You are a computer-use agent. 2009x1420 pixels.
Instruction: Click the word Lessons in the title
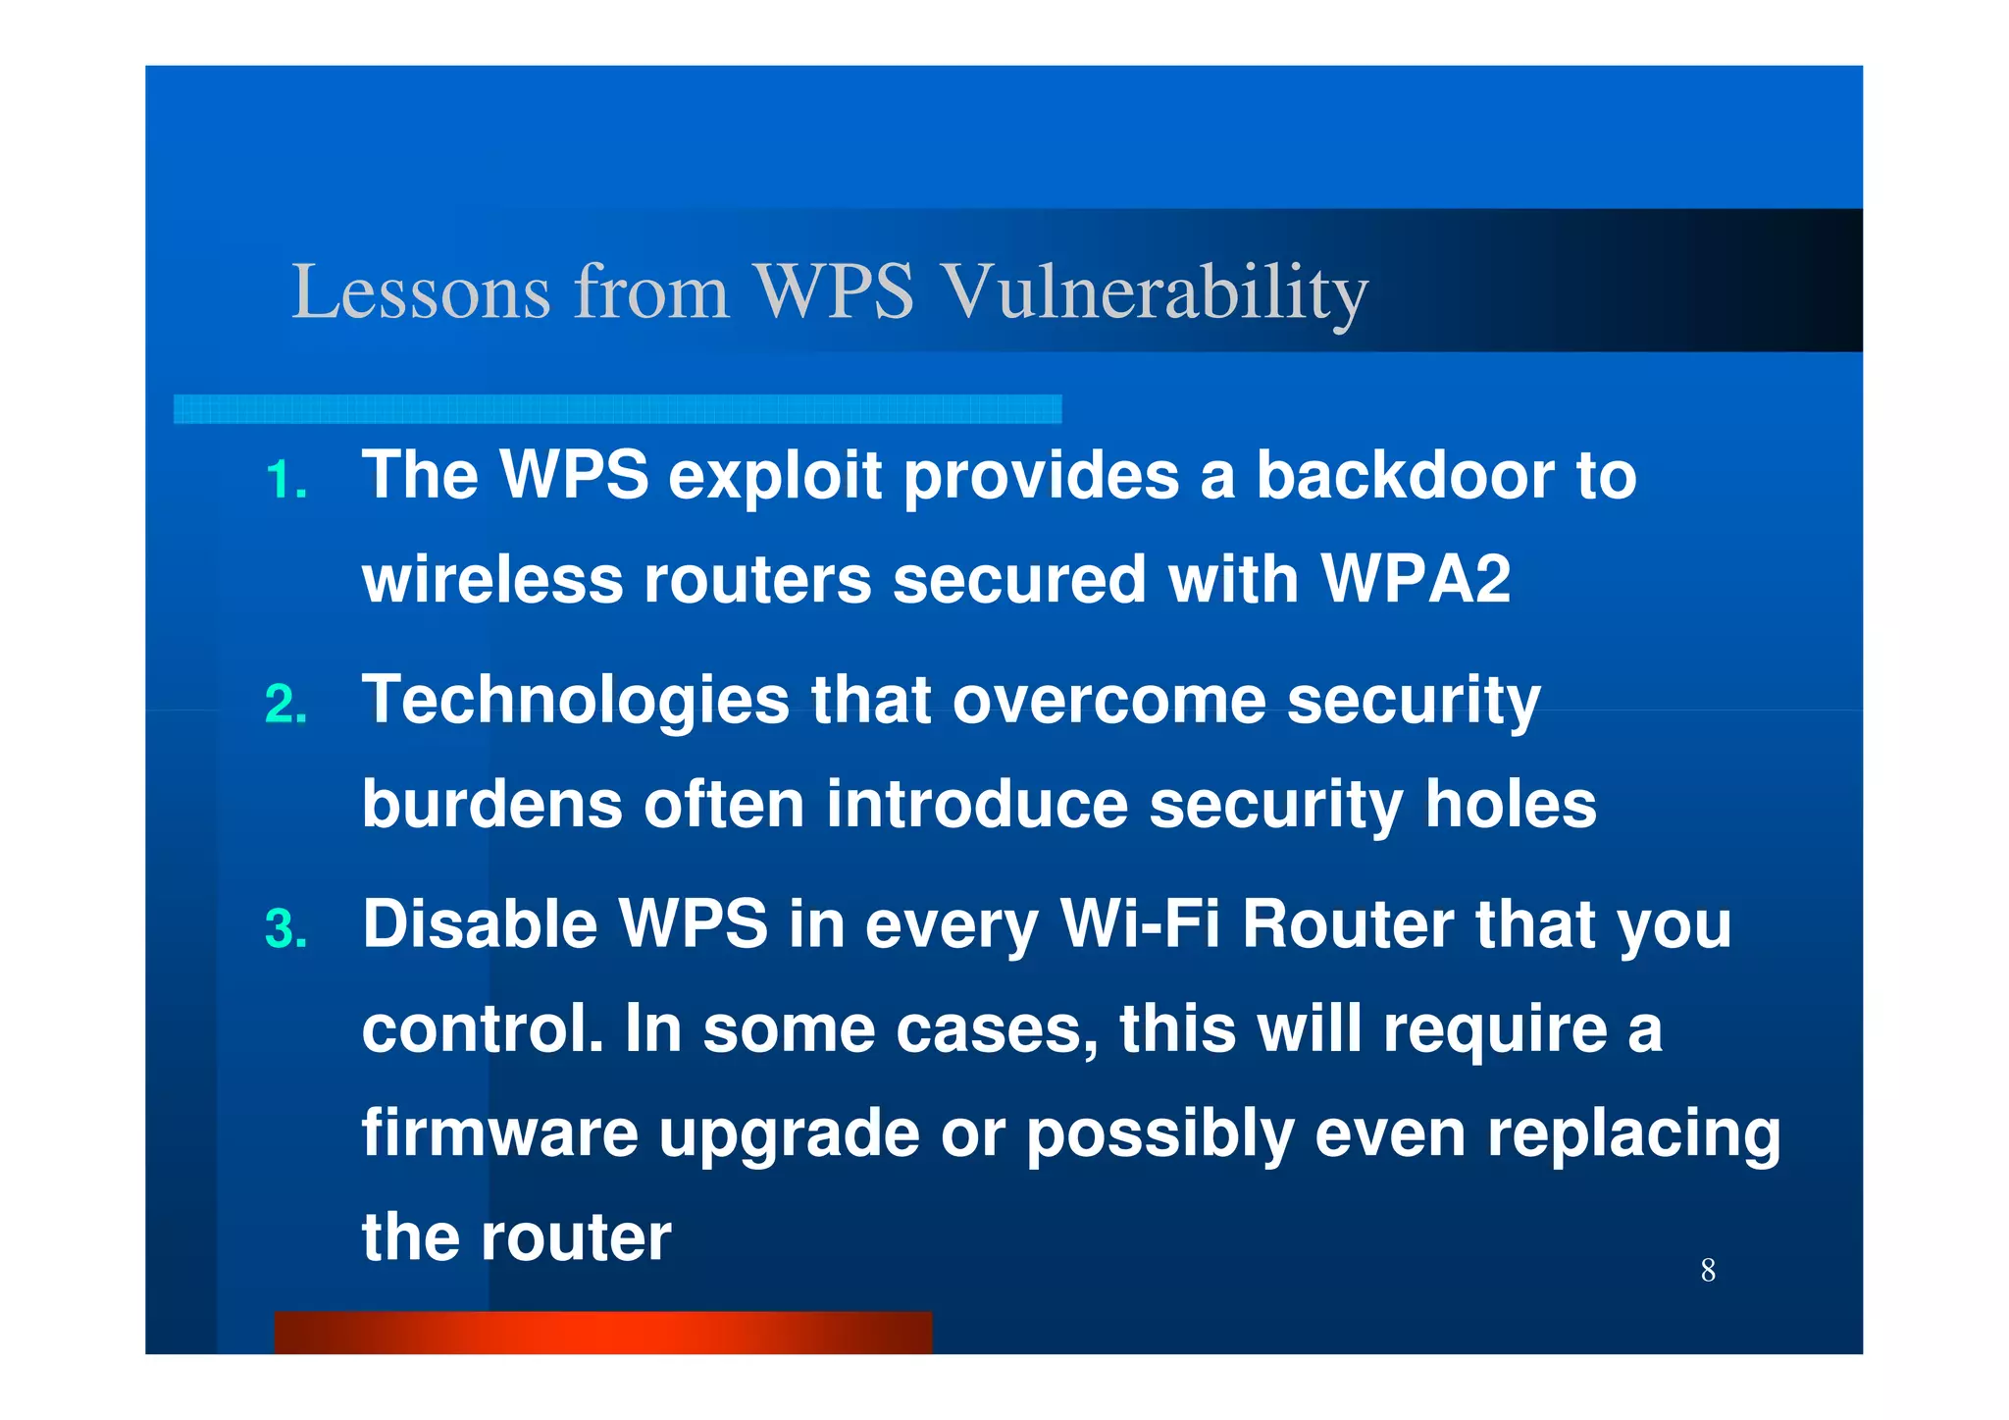point(421,291)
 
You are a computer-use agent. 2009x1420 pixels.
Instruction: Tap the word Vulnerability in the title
point(1155,291)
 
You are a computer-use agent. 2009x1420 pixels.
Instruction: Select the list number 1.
point(285,481)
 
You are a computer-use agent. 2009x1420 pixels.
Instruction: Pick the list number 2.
point(285,705)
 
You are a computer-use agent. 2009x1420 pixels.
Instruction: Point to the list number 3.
point(285,929)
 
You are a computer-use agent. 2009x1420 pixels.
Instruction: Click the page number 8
point(1708,1270)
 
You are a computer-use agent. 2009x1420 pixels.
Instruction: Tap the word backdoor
point(1405,476)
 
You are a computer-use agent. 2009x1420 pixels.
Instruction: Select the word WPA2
point(1416,579)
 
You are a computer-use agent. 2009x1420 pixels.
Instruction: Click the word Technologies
point(576,700)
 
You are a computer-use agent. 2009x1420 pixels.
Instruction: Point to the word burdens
point(492,805)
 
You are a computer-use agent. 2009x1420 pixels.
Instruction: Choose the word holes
point(1511,805)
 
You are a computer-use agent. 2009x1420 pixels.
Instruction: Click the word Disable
point(480,924)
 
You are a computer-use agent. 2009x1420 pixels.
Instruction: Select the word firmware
point(500,1132)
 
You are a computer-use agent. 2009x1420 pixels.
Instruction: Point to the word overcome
point(1108,701)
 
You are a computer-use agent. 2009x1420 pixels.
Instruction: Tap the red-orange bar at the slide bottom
point(602,1332)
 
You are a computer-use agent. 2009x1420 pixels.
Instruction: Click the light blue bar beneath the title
point(617,409)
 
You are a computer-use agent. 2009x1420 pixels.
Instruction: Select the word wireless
point(492,579)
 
